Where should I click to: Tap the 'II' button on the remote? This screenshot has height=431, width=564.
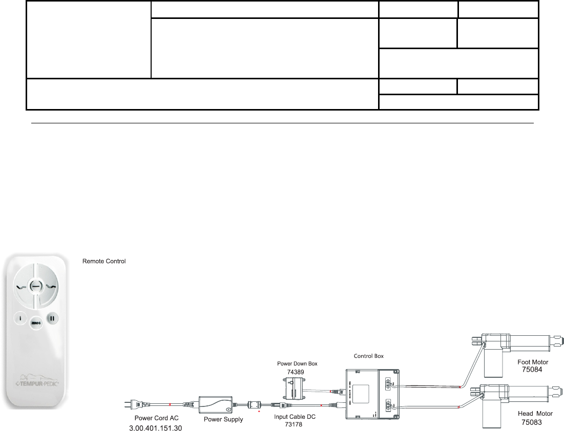[x=52, y=318]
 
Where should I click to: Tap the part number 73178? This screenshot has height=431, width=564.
[x=295, y=424]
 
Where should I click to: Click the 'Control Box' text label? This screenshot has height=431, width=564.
[x=370, y=355]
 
